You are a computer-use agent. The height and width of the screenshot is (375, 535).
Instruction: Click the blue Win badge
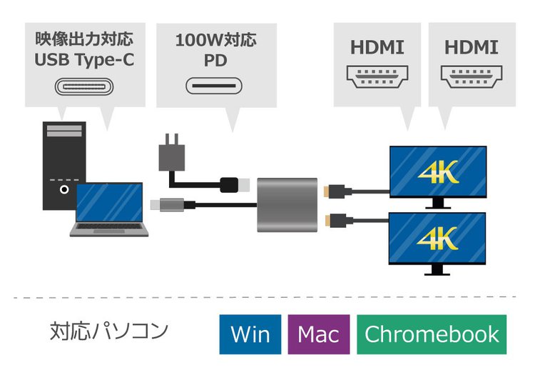(250, 334)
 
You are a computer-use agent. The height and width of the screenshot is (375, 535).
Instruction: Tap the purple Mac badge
(319, 334)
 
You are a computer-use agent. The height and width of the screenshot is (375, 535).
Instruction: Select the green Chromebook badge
(432, 334)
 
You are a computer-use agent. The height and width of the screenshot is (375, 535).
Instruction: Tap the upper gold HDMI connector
(332, 191)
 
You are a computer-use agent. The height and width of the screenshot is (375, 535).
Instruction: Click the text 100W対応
(216, 39)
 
